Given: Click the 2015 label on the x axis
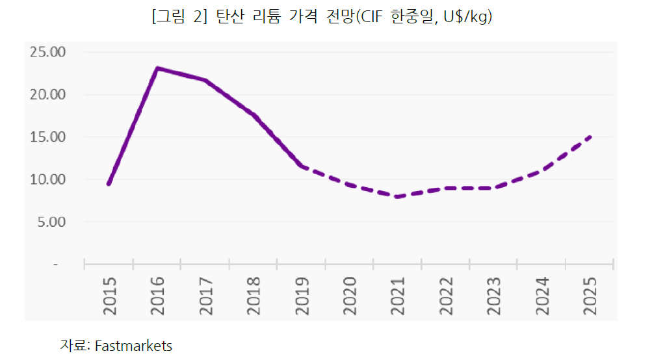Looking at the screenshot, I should pos(109,296).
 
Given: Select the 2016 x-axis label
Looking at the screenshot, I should pos(157,296).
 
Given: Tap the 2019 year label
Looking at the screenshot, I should pos(301,296).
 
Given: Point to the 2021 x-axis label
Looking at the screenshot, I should pos(397,296).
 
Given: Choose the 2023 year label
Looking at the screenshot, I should pos(493,296).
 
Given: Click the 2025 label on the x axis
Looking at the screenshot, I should pos(590,296).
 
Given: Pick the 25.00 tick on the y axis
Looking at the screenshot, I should pos(48,51).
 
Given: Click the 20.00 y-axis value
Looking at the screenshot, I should pos(48,94).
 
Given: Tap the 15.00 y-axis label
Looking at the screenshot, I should pos(48,136).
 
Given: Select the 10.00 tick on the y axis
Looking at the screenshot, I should pos(48,179).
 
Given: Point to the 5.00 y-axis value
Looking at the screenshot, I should pos(51,222).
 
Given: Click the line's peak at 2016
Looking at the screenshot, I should pos(157,68).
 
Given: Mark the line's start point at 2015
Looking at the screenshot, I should pos(109,184).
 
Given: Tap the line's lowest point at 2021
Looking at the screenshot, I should pos(397,196).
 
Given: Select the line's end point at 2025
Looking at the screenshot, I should pos(590,136).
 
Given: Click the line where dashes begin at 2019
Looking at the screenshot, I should pos(301,166).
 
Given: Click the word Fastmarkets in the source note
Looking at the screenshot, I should pos(133,346).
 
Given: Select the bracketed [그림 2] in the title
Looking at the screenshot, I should pos(179,18).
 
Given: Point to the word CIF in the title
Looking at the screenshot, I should pos(371,18).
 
